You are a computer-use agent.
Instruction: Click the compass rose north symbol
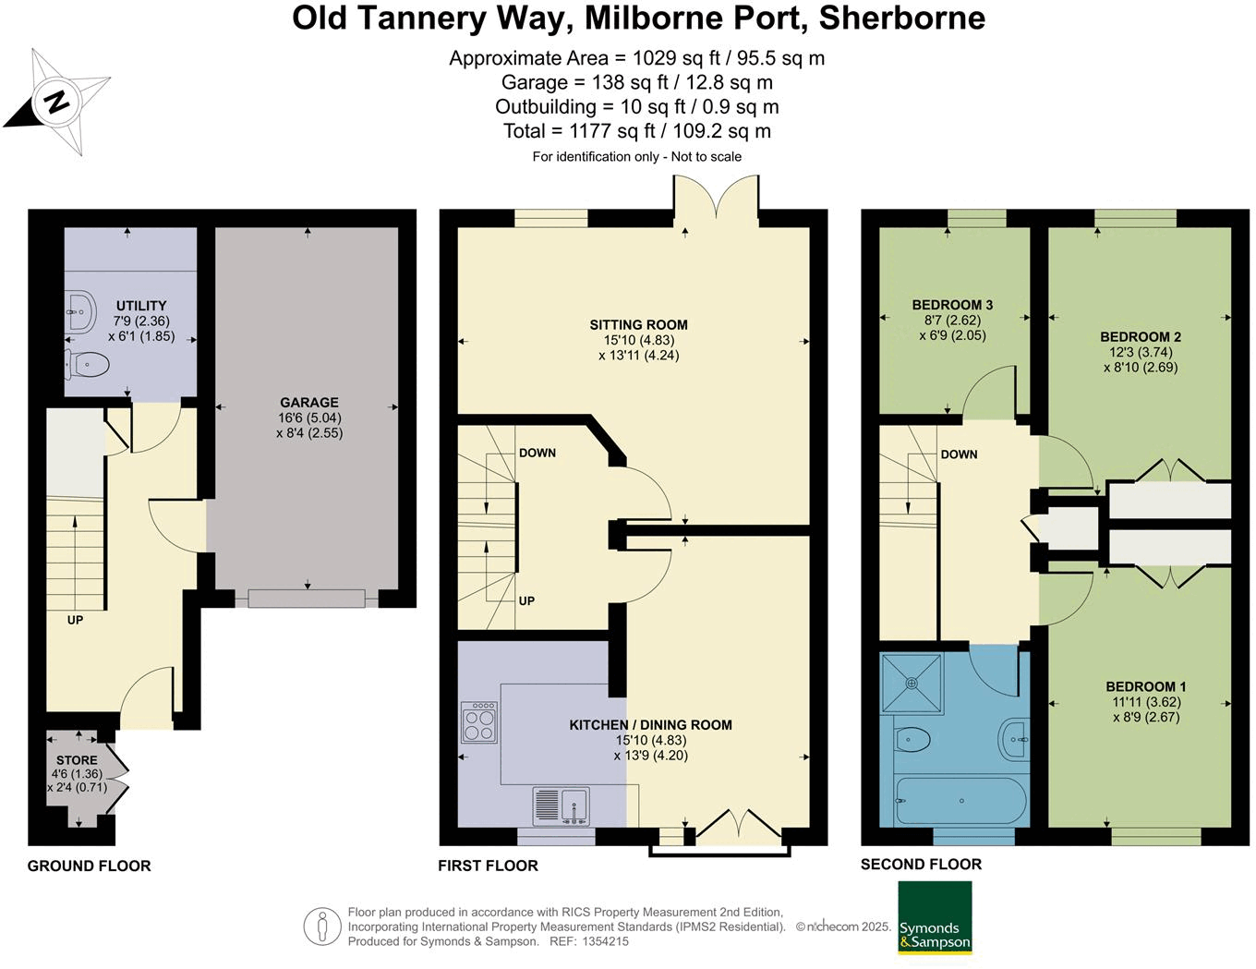(57, 101)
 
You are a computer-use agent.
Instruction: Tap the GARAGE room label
(309, 403)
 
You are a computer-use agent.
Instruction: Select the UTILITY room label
(141, 306)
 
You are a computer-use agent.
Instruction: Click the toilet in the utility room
(87, 365)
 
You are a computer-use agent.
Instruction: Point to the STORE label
(77, 760)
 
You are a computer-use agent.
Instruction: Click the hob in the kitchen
(479, 722)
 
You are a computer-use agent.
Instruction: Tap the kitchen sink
(562, 805)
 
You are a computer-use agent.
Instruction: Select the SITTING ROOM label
(638, 325)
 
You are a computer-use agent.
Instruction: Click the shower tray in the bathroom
(912, 684)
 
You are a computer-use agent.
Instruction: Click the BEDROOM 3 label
(952, 305)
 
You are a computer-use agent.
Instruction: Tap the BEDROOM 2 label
(1141, 337)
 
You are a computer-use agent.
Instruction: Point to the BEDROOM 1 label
(1145, 686)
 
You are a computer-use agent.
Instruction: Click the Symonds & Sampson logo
(935, 917)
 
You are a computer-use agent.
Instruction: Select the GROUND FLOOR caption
(90, 866)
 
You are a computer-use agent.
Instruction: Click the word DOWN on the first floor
(537, 453)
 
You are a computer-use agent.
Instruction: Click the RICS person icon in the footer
(321, 926)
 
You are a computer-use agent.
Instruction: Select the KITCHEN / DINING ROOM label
(650, 725)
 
